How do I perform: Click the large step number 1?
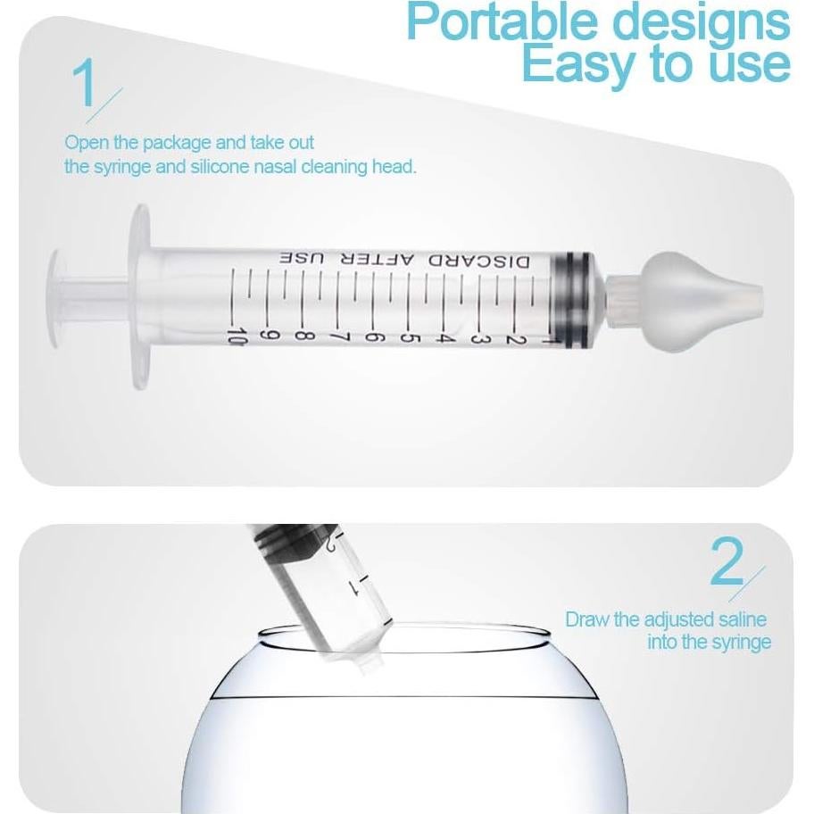[x=86, y=86]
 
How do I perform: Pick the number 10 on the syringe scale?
[x=237, y=337]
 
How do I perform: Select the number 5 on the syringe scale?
[x=411, y=338]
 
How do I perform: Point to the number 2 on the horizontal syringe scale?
[x=512, y=338]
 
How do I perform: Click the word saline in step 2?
[x=740, y=619]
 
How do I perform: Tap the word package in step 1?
[x=187, y=143]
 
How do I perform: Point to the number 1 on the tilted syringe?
[x=353, y=587]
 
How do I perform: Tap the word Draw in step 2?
[x=588, y=619]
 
